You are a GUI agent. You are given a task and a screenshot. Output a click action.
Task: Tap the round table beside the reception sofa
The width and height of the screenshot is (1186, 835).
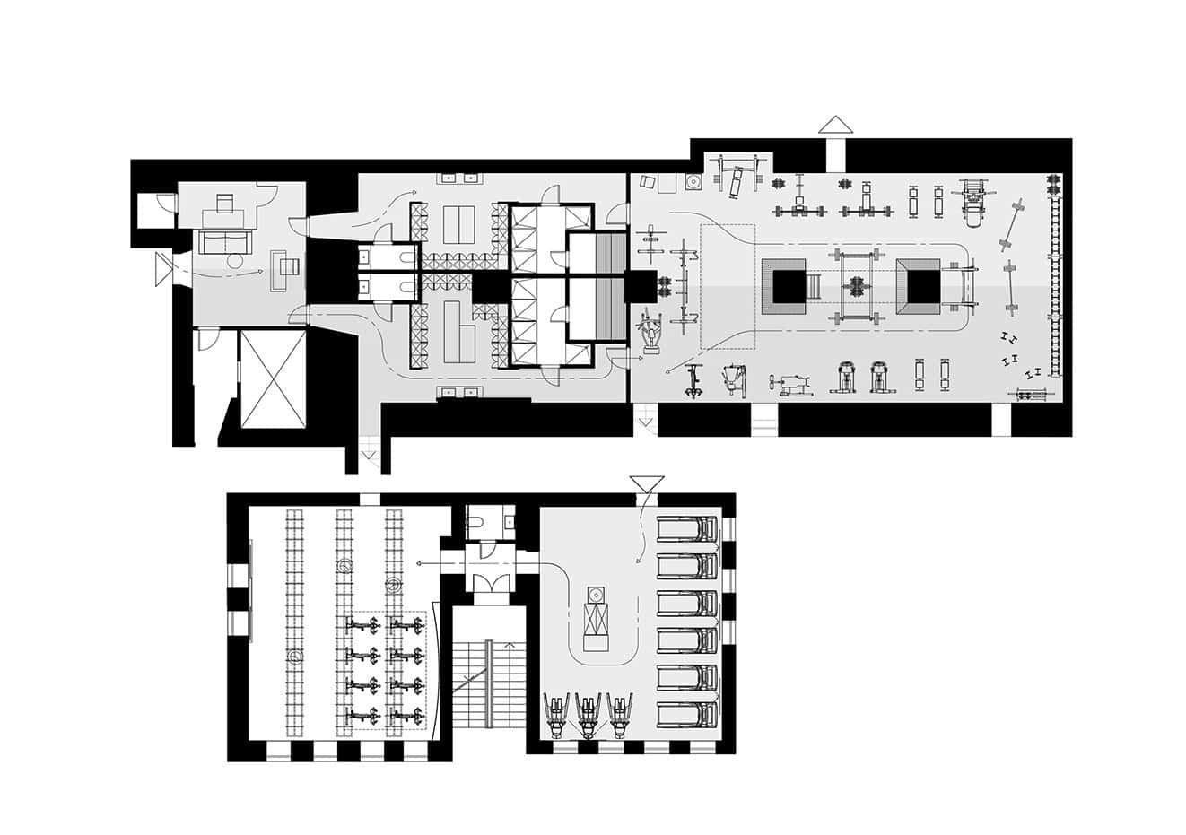[235, 261]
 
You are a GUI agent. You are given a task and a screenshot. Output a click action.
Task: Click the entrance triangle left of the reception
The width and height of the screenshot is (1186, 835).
[162, 269]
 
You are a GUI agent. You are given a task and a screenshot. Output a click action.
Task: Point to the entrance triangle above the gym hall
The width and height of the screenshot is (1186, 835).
[835, 125]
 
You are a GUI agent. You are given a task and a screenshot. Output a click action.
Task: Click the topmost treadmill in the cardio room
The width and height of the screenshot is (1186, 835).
[688, 529]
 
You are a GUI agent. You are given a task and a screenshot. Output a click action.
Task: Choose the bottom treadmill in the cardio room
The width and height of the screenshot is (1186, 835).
[688, 715]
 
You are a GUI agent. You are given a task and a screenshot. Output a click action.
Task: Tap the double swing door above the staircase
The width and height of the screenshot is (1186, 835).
[491, 583]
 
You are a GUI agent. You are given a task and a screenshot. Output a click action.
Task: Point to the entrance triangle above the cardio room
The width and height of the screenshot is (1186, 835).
[646, 484]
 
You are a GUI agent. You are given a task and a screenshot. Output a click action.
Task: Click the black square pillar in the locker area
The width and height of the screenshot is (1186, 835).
[490, 288]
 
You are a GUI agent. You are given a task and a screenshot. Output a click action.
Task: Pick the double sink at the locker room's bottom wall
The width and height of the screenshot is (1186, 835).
[458, 392]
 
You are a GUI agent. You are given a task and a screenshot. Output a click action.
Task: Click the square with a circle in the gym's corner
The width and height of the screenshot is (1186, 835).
[693, 182]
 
